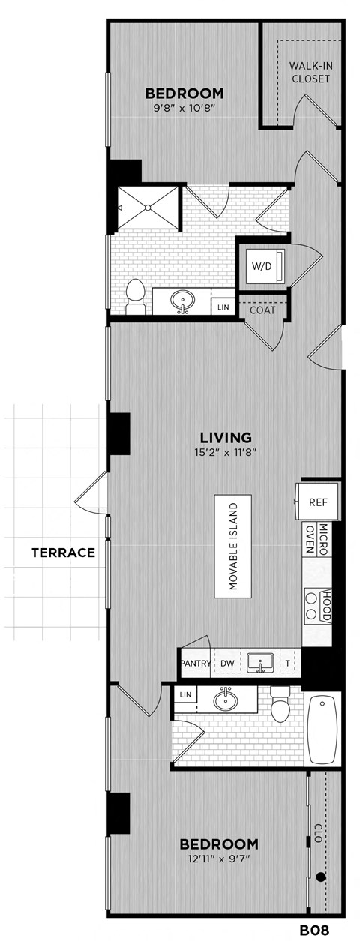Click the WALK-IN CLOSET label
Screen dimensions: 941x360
coord(310,72)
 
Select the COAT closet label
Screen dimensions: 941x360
coord(262,310)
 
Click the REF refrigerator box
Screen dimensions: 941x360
coord(318,503)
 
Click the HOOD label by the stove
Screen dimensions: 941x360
coord(326,606)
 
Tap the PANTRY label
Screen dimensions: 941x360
coord(195,664)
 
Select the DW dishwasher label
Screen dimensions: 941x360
coord(226,664)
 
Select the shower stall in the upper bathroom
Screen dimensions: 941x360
coord(148,208)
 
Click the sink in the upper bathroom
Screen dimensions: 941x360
coord(181,302)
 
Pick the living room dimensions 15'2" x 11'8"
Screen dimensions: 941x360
coord(225,452)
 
